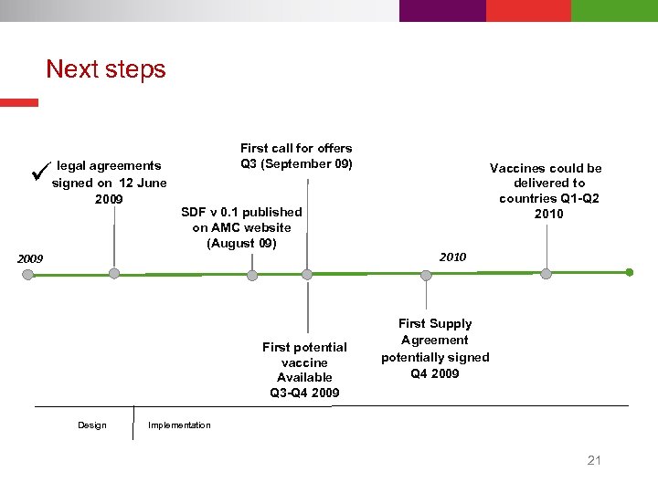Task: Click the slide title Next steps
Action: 106,69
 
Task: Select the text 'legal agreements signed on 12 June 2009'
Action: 109,183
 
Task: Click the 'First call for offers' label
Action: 296,155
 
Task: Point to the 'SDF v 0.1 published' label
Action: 241,227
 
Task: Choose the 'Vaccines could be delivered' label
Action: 546,191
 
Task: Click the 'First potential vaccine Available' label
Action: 304,370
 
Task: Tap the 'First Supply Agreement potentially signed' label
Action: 435,348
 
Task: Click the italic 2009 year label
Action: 30,259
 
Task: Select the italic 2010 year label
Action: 452,257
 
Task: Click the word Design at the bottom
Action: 91,425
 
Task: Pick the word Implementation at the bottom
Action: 179,425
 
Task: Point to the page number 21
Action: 594,460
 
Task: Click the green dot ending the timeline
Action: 630,272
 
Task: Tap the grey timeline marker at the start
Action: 28,273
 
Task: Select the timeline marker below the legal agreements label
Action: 113,273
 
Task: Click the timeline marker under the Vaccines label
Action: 546,273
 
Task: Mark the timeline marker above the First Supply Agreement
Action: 426,273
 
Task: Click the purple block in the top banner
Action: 442,11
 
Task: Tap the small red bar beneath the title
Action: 19,103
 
